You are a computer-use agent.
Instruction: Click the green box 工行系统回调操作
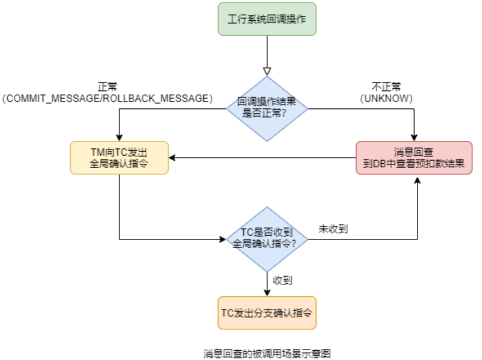point(267,19)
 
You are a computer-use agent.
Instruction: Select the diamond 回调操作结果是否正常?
point(267,108)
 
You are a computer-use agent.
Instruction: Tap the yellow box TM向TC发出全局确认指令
point(119,158)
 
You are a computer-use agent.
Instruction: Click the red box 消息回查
point(414,158)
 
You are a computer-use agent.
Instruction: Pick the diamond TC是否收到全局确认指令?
point(267,239)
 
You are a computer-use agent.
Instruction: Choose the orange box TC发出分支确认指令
point(267,313)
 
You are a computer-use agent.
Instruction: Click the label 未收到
point(333,228)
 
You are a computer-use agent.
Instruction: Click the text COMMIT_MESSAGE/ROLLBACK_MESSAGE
point(107,98)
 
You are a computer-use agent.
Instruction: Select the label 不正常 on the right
point(386,87)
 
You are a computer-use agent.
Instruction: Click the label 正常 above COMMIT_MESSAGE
point(107,87)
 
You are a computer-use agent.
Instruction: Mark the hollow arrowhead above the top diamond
point(267,71)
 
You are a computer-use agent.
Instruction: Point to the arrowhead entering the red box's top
point(414,138)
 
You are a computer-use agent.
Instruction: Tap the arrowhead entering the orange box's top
point(267,293)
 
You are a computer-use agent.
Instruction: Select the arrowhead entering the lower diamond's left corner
point(223,239)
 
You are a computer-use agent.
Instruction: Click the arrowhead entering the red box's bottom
point(417,179)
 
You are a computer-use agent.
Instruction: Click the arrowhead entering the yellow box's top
point(119,138)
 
